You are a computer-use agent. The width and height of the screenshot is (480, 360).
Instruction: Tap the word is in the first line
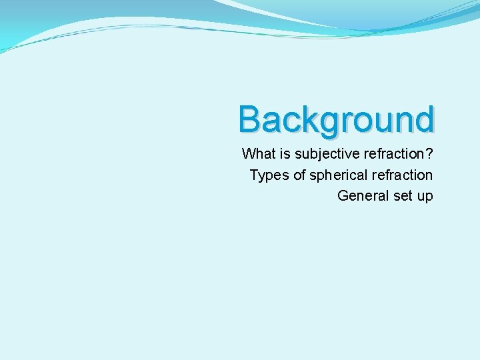click(x=283, y=154)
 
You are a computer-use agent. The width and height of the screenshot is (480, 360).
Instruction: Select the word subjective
click(x=325, y=155)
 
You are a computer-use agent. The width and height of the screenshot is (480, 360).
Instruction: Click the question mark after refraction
click(x=429, y=154)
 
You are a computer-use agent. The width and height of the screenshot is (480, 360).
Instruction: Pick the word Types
click(x=269, y=175)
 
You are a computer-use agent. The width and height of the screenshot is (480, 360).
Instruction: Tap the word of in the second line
click(x=299, y=175)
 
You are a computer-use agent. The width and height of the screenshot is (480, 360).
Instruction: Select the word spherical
click(x=339, y=175)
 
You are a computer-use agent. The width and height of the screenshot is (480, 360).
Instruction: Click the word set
click(x=403, y=195)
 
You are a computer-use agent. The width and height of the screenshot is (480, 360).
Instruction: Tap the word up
click(x=425, y=197)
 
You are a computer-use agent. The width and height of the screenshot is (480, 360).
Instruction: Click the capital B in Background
click(x=249, y=120)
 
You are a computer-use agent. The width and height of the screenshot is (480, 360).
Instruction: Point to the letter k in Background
click(x=304, y=120)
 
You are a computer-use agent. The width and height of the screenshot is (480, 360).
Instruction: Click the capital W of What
click(x=249, y=154)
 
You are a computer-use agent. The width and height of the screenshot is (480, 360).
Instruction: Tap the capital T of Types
click(x=255, y=175)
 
